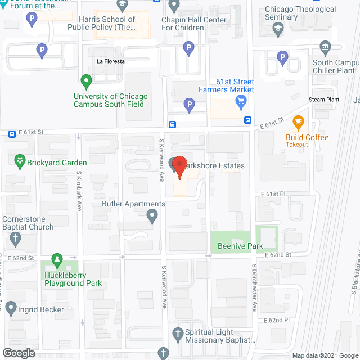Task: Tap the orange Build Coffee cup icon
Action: click(x=299, y=120)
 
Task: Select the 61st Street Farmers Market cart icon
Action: click(x=242, y=102)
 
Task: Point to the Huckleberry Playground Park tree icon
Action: click(x=56, y=260)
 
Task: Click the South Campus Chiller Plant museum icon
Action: click(x=325, y=47)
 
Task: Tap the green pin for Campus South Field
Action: click(x=86, y=82)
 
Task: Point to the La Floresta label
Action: click(x=110, y=61)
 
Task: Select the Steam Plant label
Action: click(x=324, y=100)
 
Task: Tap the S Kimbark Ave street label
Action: click(x=79, y=191)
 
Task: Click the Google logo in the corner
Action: click(x=19, y=353)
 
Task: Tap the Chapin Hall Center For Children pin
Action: click(x=174, y=7)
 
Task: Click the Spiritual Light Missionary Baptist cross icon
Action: click(x=178, y=333)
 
